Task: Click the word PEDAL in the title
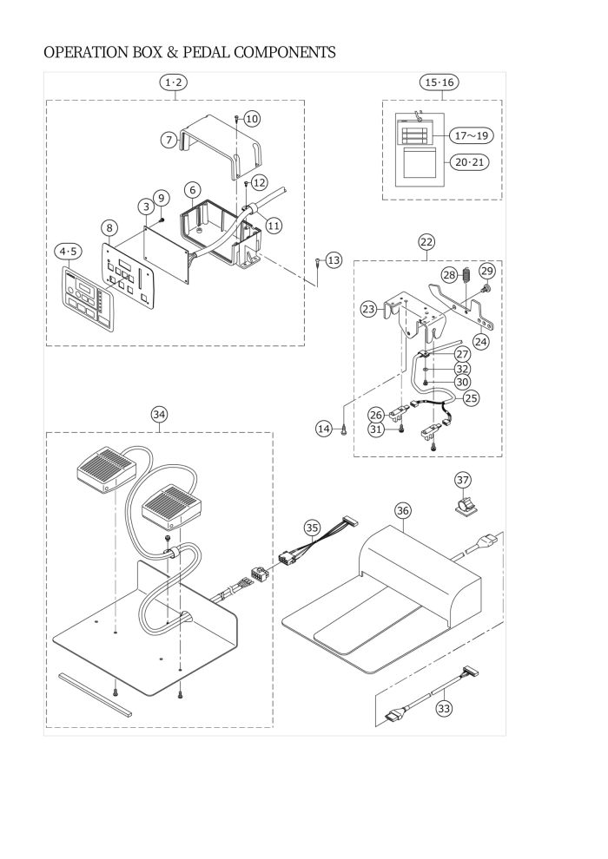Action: click(x=206, y=53)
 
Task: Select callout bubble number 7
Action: click(x=169, y=140)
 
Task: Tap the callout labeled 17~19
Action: click(x=471, y=134)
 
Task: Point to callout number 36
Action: click(x=403, y=510)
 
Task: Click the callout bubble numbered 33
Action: click(x=444, y=708)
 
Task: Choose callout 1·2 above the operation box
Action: click(x=173, y=82)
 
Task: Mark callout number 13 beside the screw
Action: click(x=334, y=260)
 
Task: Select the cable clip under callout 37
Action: click(x=463, y=508)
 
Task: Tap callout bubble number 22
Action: click(x=426, y=241)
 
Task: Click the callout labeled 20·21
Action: click(x=469, y=162)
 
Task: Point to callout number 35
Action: click(x=312, y=528)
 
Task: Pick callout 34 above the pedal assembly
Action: click(x=159, y=415)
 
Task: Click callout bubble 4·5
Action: click(x=69, y=252)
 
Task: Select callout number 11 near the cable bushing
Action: click(x=274, y=225)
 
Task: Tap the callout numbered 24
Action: click(x=481, y=342)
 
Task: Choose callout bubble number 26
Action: click(x=375, y=415)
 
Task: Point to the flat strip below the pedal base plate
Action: click(x=96, y=695)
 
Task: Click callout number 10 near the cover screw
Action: click(x=252, y=119)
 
